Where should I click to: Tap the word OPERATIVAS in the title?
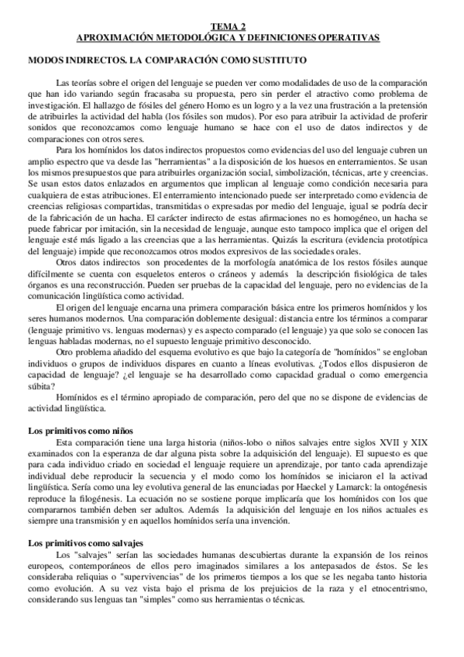click(x=351, y=37)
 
